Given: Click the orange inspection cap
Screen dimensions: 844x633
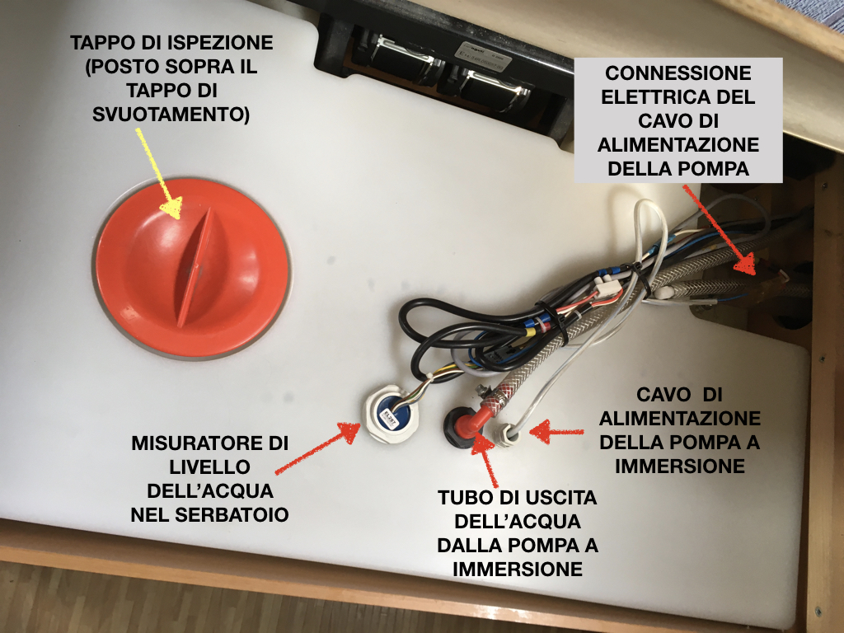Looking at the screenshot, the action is click(193, 268).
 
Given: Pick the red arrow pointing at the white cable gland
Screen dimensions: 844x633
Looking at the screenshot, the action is click(556, 431).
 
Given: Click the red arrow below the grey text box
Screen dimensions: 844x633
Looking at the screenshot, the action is click(719, 230).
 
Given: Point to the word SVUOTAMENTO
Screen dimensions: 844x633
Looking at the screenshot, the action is click(171, 114).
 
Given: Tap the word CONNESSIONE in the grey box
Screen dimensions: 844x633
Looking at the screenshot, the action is click(678, 73).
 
